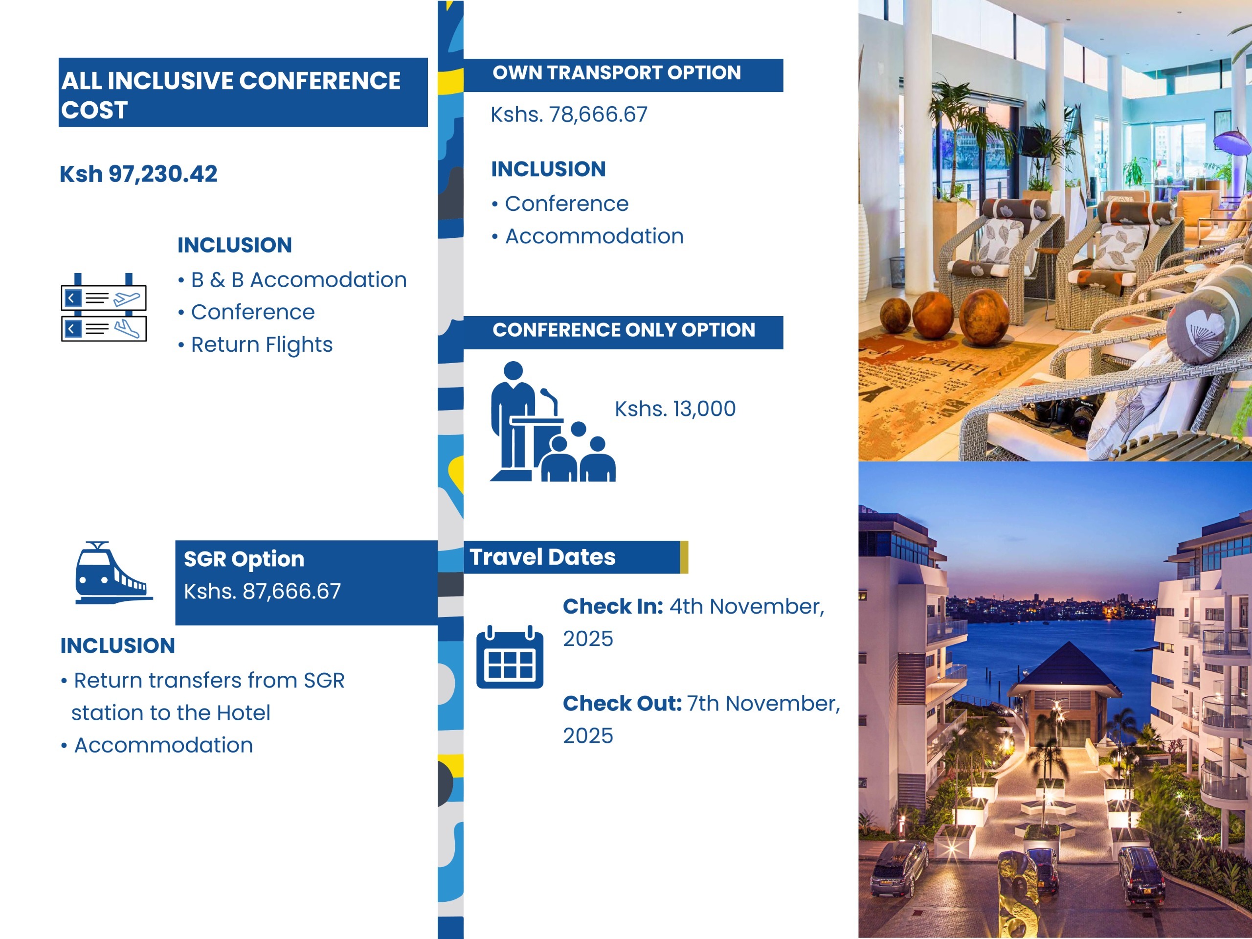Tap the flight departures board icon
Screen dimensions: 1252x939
104,307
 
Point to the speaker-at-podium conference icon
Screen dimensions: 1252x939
553,421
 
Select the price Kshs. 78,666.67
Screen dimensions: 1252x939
569,115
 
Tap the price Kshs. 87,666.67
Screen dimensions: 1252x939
263,591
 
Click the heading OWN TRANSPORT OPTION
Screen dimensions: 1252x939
616,72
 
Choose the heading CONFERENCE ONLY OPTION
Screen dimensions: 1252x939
624,330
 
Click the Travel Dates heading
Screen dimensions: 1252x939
542,557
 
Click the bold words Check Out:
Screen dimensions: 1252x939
622,704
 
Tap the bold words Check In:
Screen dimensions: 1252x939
613,607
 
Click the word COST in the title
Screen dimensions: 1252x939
94,110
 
